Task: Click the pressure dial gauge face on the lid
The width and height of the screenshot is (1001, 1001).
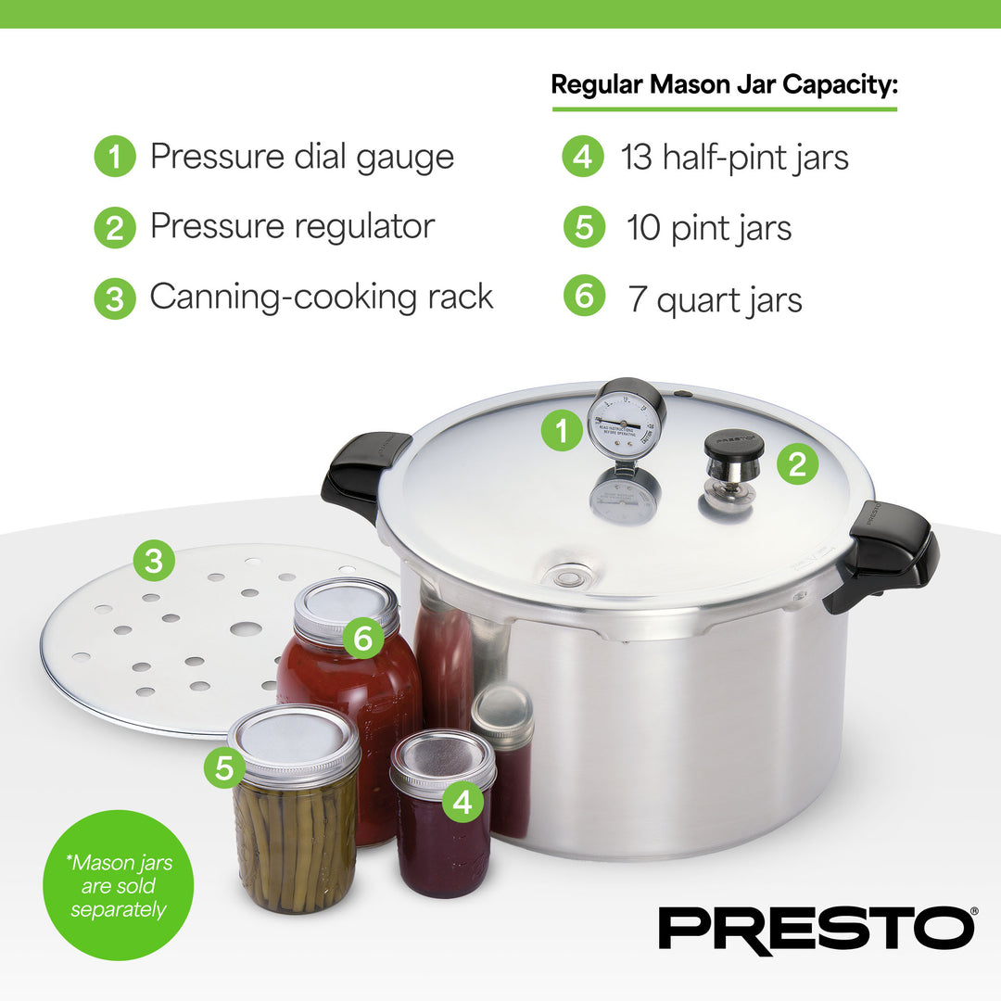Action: pos(627,423)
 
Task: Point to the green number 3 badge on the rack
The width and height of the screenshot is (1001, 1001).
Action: pos(154,560)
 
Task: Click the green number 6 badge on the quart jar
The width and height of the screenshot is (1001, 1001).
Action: pos(362,638)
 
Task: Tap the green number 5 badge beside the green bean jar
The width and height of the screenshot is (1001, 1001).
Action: pos(224,767)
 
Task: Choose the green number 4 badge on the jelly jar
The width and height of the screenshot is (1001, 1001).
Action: pos(462,801)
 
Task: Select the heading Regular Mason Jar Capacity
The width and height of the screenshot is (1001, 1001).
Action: pos(725,84)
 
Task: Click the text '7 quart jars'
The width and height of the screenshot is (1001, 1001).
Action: pos(715,299)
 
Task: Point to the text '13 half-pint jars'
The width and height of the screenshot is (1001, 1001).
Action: pos(734,157)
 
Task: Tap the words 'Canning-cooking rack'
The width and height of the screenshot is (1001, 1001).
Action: pos(321,297)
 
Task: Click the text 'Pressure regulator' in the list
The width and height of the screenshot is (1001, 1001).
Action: pos(292,226)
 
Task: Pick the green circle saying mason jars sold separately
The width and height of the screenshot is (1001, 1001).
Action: pos(118,885)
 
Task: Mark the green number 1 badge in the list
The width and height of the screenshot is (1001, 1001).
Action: pos(115,157)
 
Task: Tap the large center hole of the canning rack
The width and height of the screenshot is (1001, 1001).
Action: pos(245,629)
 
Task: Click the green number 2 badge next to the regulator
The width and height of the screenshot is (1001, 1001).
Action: pos(797,462)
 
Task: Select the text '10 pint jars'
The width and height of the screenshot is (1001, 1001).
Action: pos(709,228)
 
